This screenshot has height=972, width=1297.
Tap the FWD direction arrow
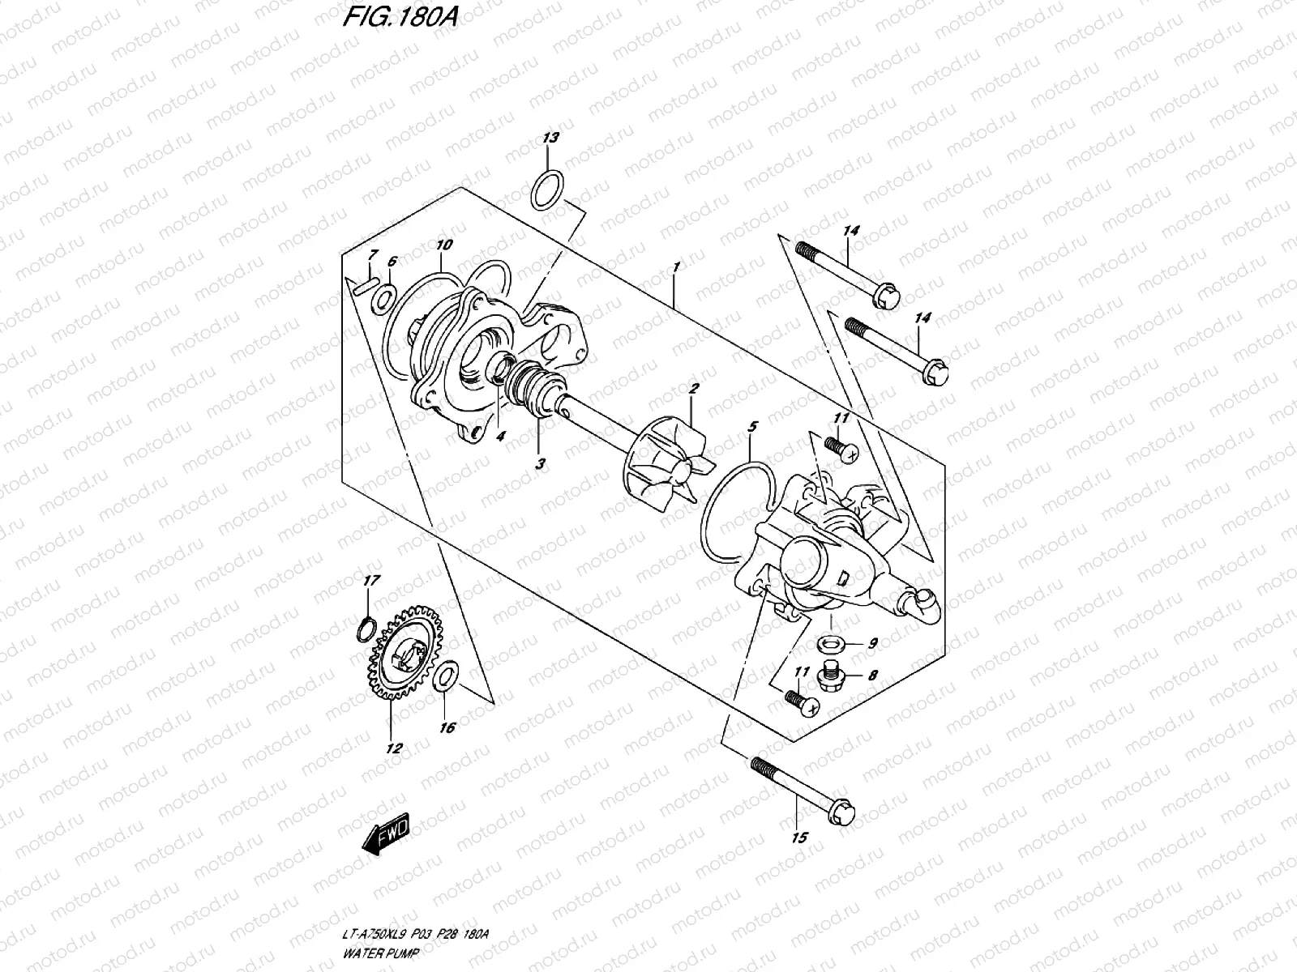[387, 837]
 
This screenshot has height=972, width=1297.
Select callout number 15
[799, 838]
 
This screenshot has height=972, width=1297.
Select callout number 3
[540, 465]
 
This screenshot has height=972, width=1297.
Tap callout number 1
[675, 266]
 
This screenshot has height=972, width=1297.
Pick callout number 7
[372, 254]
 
